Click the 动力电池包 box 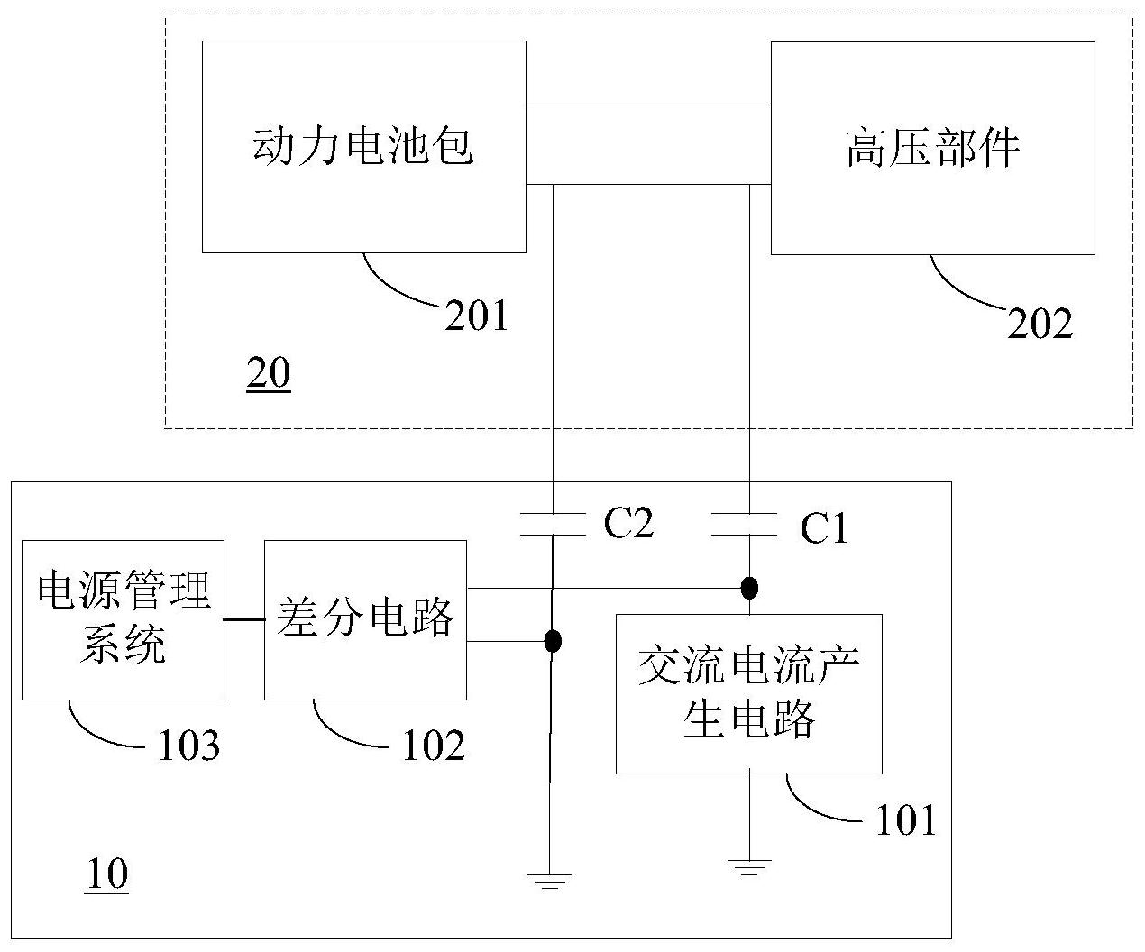tap(363, 146)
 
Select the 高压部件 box tap(932, 148)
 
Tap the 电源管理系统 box tap(123, 619)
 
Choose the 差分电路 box tap(365, 619)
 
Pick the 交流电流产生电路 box tap(748, 693)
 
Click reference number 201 tap(476, 316)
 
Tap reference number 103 tap(188, 746)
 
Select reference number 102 tap(434, 746)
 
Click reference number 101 tap(906, 820)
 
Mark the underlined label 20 tap(269, 374)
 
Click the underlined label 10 tap(106, 874)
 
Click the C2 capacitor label tap(627, 523)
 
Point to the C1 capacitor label tap(824, 529)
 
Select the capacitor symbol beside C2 tap(553, 524)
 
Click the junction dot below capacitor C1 tap(748, 589)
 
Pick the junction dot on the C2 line tap(553, 641)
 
